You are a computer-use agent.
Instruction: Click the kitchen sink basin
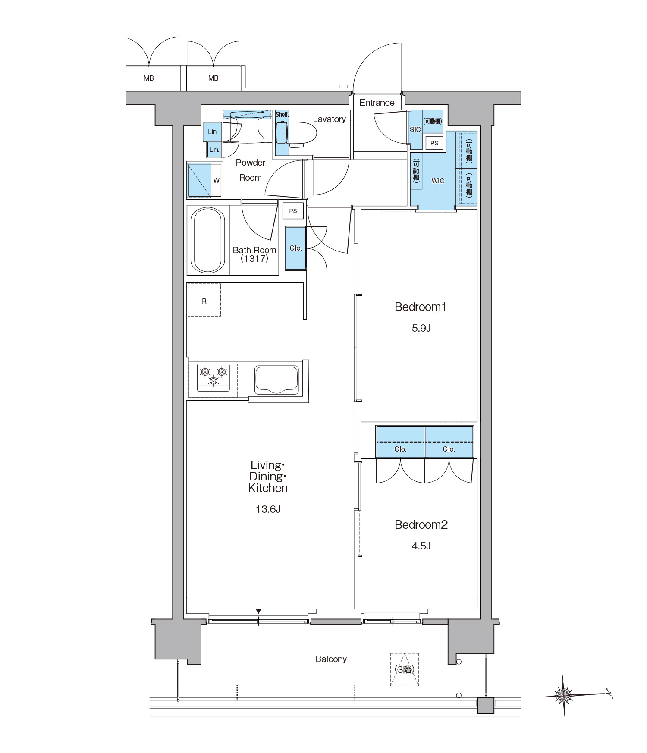click(276, 380)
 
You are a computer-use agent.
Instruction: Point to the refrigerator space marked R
click(204, 300)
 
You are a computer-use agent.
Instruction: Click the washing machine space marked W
click(204, 180)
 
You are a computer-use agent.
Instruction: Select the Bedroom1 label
click(421, 307)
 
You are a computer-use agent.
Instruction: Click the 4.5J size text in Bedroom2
click(421, 546)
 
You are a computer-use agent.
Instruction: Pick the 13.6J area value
click(268, 509)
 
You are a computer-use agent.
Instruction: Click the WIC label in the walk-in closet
click(438, 181)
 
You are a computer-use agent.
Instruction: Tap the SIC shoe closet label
click(415, 129)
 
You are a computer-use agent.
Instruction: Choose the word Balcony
click(331, 659)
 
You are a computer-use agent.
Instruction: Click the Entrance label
click(377, 103)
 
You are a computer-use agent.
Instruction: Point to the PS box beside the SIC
click(434, 143)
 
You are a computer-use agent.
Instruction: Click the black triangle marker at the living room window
click(258, 611)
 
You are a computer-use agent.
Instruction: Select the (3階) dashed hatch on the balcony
click(405, 669)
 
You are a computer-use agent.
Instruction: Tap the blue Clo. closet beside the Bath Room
click(295, 248)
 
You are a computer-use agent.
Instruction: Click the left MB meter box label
click(149, 78)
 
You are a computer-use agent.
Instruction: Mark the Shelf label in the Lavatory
click(282, 114)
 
